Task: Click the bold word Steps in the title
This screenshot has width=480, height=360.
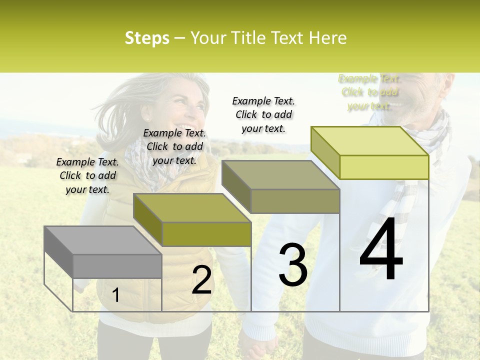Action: pyautogui.click(x=147, y=38)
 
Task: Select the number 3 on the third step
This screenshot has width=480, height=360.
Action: pyautogui.click(x=292, y=265)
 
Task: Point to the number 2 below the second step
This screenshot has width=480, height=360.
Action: pyautogui.click(x=201, y=279)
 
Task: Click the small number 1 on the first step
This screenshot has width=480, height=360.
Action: pyautogui.click(x=115, y=295)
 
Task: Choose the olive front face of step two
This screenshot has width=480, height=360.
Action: pyautogui.click(x=206, y=234)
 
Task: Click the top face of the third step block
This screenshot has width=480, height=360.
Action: pyautogui.click(x=280, y=175)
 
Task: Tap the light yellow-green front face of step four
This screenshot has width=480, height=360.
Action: pyautogui.click(x=383, y=167)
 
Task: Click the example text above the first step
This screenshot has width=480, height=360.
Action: pyautogui.click(x=87, y=175)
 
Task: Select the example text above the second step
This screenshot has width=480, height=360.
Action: pyautogui.click(x=174, y=146)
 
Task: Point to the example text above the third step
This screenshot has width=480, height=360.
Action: pyautogui.click(x=263, y=114)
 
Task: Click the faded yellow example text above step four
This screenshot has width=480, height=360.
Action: pyautogui.click(x=369, y=92)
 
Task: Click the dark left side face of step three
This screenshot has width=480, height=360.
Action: pyautogui.click(x=236, y=185)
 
